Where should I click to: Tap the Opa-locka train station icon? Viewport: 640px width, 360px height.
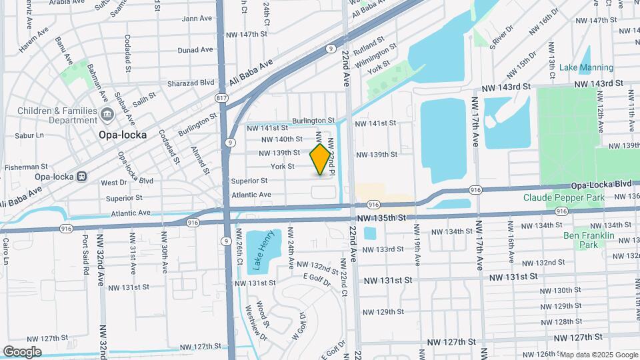[81, 177]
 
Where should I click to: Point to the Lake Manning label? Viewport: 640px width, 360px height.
[585, 67]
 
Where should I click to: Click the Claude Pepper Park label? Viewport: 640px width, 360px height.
[563, 197]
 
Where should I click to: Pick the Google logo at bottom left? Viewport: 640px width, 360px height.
[22, 351]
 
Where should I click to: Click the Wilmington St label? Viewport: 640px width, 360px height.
[375, 57]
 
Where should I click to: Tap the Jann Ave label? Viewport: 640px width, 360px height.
[197, 19]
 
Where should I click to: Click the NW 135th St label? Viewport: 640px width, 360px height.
[381, 217]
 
